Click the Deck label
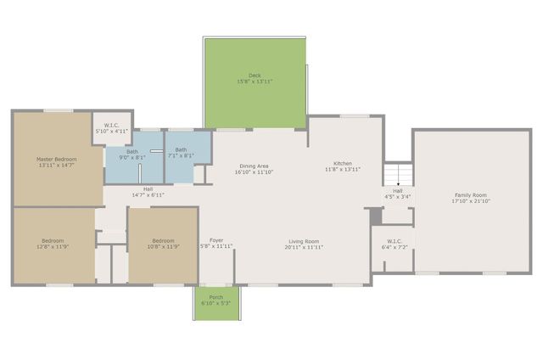(255, 76)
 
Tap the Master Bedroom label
(56, 159)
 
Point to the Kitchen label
(343, 163)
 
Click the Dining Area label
(254, 166)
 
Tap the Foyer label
(216, 240)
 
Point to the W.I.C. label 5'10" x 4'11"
(111, 126)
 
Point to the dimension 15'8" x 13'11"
(255, 82)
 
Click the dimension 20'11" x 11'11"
(304, 247)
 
